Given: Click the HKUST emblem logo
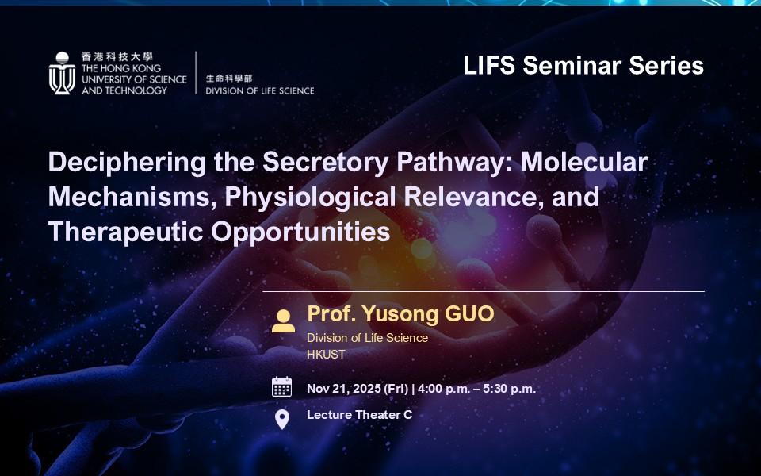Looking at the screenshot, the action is [x=62, y=73].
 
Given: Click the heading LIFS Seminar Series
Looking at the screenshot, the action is [x=583, y=66].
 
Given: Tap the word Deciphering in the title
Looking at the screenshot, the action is [x=127, y=163].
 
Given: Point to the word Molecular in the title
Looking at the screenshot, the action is [x=584, y=162].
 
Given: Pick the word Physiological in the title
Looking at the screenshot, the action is [x=310, y=198].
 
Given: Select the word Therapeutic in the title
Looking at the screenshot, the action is [x=125, y=232].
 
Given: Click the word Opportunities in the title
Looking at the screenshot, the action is [x=300, y=232].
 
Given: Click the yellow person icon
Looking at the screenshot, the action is [x=284, y=321].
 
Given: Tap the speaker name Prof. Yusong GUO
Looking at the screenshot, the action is [x=400, y=314].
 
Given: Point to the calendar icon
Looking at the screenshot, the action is [x=282, y=387].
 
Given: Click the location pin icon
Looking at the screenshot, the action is [x=282, y=419].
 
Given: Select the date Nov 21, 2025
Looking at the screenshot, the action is [x=343, y=389].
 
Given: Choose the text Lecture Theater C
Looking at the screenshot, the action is [x=360, y=415].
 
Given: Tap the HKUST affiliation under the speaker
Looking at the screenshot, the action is [x=326, y=355].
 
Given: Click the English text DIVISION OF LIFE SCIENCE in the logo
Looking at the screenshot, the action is [x=260, y=90].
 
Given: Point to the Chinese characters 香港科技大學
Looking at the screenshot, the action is [x=117, y=57].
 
